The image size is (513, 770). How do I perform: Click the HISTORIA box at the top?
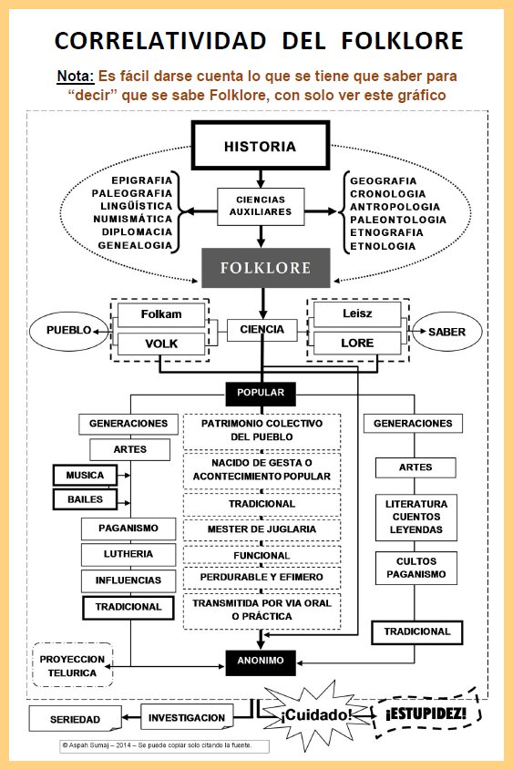(261, 146)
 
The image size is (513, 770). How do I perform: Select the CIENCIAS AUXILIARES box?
(261, 206)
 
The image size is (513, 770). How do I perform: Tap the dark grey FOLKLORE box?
(265, 268)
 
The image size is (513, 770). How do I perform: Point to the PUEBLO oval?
(68, 331)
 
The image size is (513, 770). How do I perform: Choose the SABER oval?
(446, 332)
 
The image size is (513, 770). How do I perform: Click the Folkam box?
(161, 314)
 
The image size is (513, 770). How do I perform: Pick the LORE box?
(357, 344)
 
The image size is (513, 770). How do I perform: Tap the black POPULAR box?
(261, 394)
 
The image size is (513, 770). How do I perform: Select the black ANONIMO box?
(261, 662)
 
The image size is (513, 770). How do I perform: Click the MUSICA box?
(85, 476)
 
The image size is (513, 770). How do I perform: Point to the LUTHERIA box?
(128, 554)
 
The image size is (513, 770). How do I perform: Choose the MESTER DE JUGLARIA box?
(262, 529)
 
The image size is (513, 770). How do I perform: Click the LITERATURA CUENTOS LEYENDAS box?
(416, 517)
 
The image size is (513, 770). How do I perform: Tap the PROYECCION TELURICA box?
(73, 665)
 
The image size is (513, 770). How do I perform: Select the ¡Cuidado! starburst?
(315, 715)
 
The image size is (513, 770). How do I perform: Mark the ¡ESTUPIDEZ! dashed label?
(426, 714)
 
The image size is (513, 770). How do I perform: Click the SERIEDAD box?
(75, 719)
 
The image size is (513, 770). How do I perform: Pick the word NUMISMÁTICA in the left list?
(132, 219)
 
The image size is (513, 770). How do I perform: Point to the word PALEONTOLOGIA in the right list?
(398, 220)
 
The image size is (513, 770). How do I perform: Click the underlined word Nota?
(76, 77)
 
